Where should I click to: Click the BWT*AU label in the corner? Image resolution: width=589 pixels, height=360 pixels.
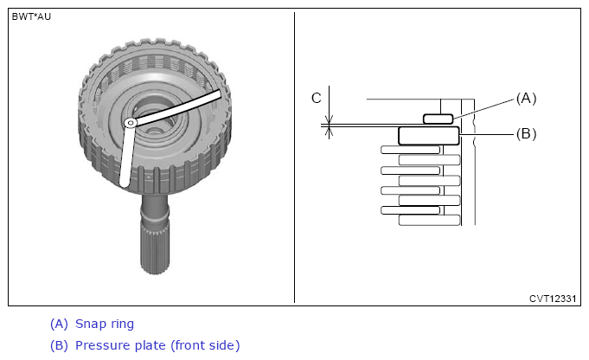click(31, 17)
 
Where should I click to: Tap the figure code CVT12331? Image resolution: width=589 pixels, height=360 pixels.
click(553, 299)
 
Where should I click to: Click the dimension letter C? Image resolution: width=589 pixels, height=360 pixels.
click(317, 98)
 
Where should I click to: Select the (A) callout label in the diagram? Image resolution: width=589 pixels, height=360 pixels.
click(526, 99)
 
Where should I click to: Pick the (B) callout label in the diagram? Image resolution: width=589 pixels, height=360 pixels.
click(526, 134)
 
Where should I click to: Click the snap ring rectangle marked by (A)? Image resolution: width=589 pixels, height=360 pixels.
click(438, 119)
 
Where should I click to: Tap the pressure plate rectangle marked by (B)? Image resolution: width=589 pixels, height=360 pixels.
click(429, 136)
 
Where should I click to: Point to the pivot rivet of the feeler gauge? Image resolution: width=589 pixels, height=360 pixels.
click(131, 123)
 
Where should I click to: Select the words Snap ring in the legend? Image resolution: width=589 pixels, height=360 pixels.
click(105, 324)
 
